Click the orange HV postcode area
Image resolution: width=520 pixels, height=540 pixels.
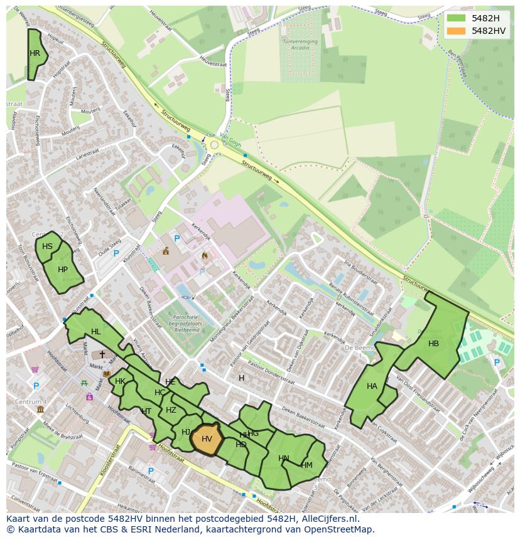pyautogui.click(x=207, y=439)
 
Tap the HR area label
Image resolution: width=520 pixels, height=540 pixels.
pyautogui.click(x=35, y=53)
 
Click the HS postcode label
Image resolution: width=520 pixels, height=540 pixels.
pyautogui.click(x=47, y=246)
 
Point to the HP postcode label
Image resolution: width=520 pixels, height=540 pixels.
pyautogui.click(x=62, y=270)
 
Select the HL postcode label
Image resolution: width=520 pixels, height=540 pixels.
pyautogui.click(x=95, y=332)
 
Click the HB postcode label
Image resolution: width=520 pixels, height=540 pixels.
pyautogui.click(x=433, y=344)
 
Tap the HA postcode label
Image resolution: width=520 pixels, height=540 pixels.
pyautogui.click(x=372, y=386)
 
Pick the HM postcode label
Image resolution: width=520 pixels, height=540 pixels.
pyautogui.click(x=306, y=465)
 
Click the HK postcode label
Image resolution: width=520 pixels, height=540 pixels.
pyautogui.click(x=120, y=381)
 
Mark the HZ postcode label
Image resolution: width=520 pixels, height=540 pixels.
pyautogui.click(x=171, y=410)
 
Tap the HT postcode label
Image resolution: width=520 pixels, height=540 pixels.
pyautogui.click(x=146, y=411)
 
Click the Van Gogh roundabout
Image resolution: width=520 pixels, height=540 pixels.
pyautogui.click(x=214, y=145)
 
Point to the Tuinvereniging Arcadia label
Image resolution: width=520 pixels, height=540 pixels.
pyautogui.click(x=300, y=43)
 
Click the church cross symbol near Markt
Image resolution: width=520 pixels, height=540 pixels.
pyautogui.click(x=102, y=355)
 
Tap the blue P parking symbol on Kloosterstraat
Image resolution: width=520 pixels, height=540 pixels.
pyautogui.click(x=151, y=470)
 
